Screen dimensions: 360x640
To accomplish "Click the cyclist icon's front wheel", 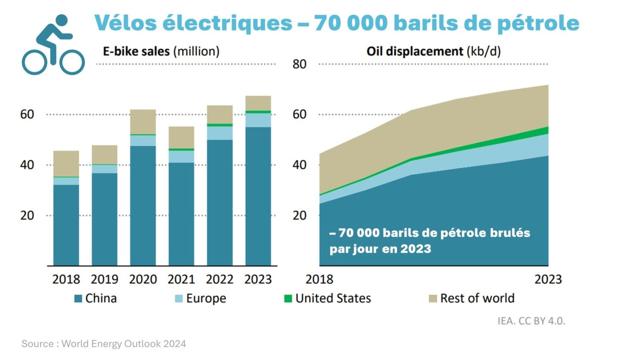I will tap(72, 62).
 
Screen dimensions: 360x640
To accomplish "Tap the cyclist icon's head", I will tap(62, 20).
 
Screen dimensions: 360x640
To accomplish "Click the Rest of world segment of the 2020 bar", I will tap(143, 122).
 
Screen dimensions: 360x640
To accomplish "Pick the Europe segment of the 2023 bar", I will tap(258, 120).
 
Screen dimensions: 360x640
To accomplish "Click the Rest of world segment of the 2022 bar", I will tap(220, 114).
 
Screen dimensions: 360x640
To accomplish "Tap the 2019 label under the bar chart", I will tap(104, 280).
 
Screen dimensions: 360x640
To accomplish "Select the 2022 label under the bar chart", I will tap(219, 280).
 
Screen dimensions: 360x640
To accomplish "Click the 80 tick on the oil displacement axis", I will tap(299, 64).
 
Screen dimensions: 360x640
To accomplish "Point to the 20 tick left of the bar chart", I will tap(27, 215).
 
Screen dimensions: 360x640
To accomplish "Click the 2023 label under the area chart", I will tap(548, 280).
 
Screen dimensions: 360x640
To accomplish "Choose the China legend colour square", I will tap(78, 298).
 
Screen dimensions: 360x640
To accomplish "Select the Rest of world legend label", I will tap(477, 298).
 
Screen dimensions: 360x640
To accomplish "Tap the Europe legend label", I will tap(206, 298).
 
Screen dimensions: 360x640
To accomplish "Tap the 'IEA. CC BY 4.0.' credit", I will tap(531, 321).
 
